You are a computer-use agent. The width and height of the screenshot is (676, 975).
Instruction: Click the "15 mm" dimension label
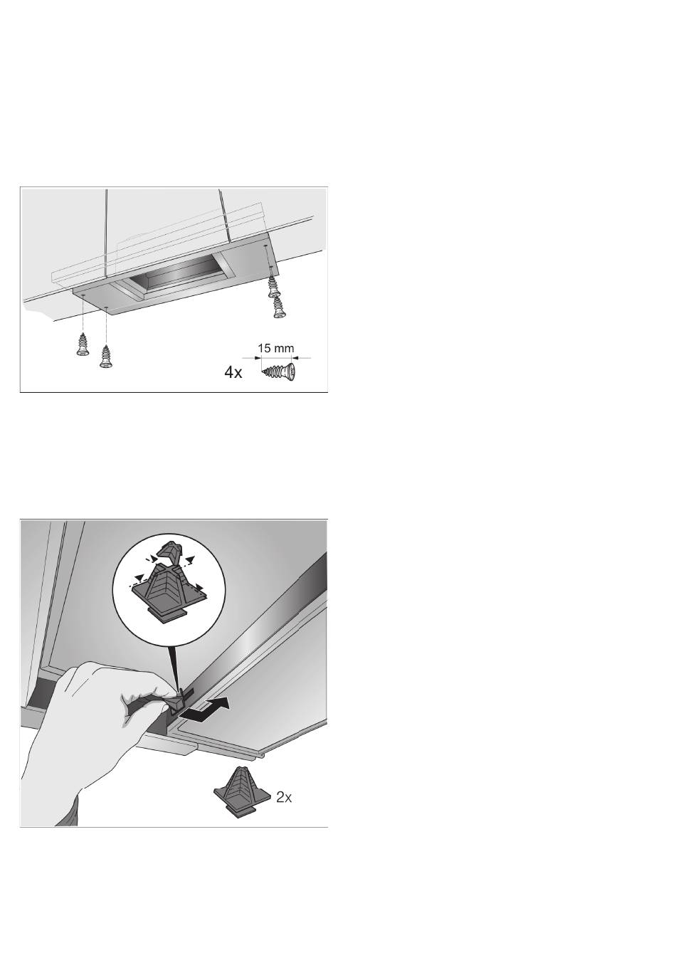[x=275, y=348]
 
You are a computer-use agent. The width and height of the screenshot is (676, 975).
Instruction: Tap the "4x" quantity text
[x=233, y=373]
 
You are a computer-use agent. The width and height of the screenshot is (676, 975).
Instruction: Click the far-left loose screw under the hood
[x=81, y=344]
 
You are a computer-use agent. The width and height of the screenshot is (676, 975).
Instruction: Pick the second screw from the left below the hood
[x=105, y=357]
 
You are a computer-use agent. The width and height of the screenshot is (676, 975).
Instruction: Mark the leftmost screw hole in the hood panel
[x=83, y=295]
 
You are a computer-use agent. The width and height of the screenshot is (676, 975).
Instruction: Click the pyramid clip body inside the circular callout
[x=169, y=589]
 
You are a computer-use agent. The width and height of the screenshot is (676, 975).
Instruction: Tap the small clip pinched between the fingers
[x=179, y=697]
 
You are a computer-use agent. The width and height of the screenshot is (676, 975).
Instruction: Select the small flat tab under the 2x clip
[x=238, y=810]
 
